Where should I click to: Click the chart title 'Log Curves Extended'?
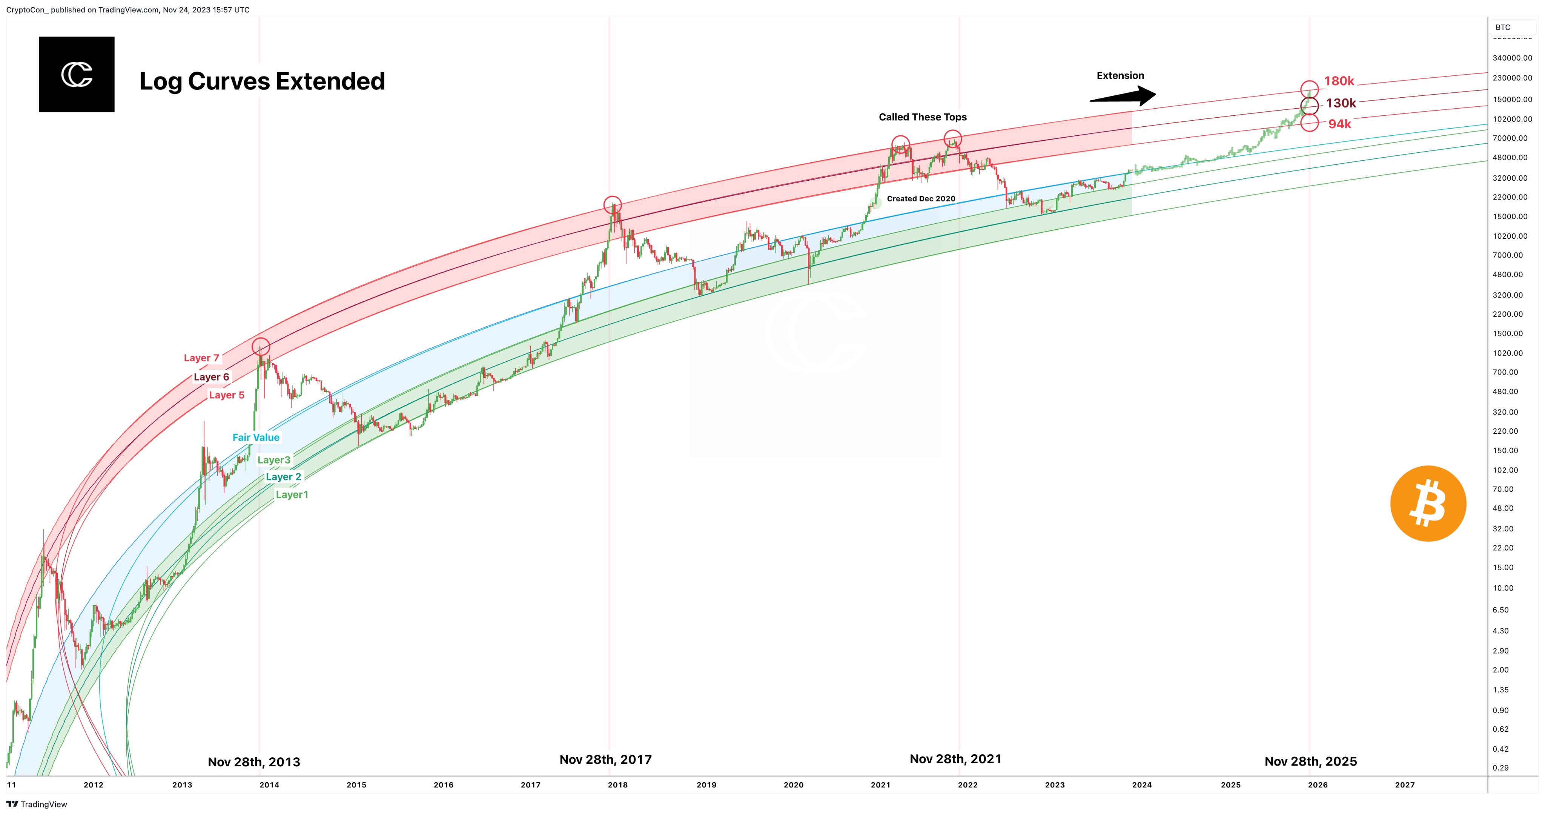[x=262, y=81]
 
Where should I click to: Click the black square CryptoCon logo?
[x=77, y=74]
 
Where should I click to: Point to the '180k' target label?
[x=1339, y=81]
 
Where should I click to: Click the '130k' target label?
[x=1341, y=103]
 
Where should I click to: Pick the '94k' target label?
[x=1339, y=124]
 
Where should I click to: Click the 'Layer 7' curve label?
[x=201, y=358]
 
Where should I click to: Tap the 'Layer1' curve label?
[x=292, y=495]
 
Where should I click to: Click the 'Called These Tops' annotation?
[x=923, y=117]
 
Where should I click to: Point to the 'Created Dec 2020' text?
[x=921, y=198]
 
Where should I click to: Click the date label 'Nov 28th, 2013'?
[x=254, y=762]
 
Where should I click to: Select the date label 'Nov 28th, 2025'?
[x=1310, y=761]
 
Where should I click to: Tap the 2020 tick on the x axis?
[x=794, y=784]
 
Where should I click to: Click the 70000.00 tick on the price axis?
[x=1510, y=138]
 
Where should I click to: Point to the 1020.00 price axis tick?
[x=1508, y=353]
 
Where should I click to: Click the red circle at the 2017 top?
[x=612, y=204]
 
